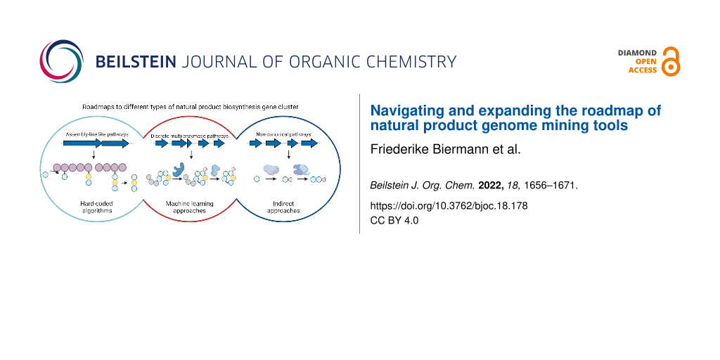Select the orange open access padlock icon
[x=671, y=62]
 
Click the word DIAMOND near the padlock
[x=637, y=53]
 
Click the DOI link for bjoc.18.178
[x=449, y=207]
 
